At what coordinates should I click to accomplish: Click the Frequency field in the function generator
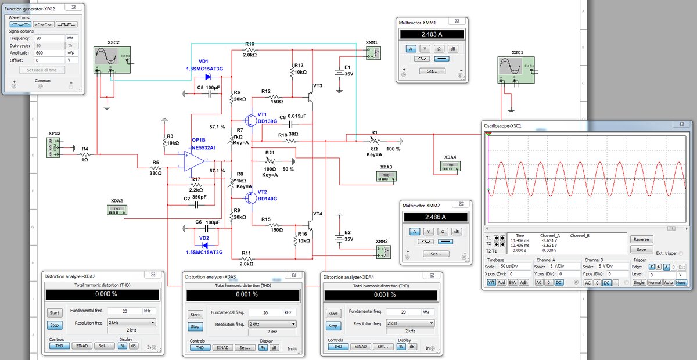point(49,38)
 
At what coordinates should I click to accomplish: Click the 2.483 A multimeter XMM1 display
point(432,34)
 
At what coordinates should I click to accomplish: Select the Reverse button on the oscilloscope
point(641,239)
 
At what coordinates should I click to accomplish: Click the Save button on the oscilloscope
point(641,250)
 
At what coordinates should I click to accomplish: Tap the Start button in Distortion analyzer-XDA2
point(53,313)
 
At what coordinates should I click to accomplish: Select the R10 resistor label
point(250,44)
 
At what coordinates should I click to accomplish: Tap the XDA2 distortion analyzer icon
point(116,210)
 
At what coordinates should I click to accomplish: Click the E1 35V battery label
point(347,70)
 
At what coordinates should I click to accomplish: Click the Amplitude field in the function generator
point(49,52)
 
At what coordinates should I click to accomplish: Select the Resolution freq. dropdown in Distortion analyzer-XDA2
point(132,322)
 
